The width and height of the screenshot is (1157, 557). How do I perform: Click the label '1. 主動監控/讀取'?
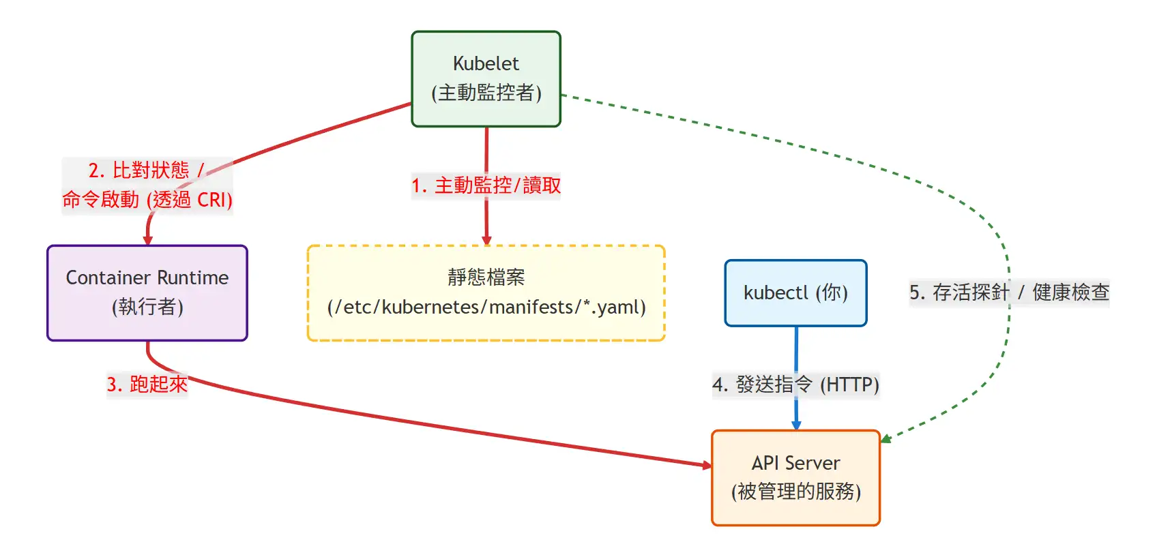click(486, 185)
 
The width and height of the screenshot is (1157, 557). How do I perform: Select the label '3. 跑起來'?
click(147, 385)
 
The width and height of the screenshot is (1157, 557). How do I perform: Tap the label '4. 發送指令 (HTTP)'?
click(795, 385)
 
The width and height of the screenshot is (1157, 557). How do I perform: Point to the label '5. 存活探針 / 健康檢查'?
click(1009, 292)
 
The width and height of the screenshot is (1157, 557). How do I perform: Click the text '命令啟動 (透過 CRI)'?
click(147, 200)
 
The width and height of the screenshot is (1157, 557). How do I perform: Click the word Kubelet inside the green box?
click(486, 63)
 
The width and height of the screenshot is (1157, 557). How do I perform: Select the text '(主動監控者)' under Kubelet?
click(486, 93)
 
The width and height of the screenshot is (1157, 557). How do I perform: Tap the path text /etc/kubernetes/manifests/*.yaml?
click(486, 307)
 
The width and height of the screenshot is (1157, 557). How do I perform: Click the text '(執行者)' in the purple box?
click(147, 307)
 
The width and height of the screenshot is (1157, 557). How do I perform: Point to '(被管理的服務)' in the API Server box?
click(795, 492)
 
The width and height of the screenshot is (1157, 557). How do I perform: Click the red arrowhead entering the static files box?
click(486, 241)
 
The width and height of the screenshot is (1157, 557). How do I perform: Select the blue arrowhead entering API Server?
click(796, 425)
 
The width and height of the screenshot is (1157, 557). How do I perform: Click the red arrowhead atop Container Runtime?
click(147, 240)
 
